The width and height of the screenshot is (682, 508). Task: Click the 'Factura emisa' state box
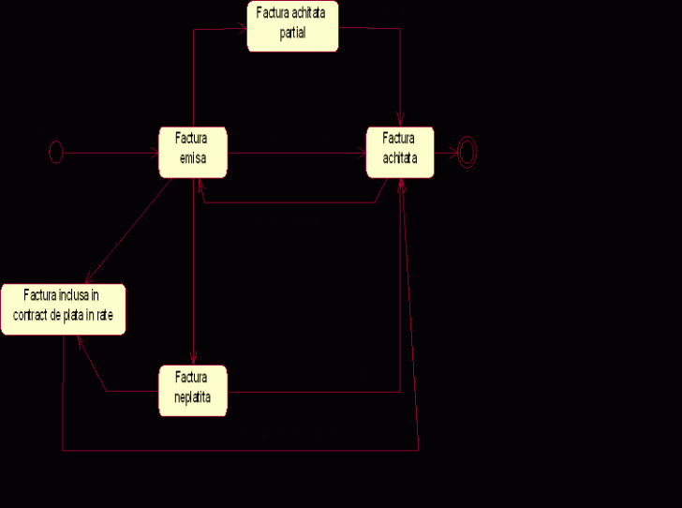(x=193, y=152)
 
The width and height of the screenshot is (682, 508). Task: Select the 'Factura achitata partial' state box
(x=292, y=26)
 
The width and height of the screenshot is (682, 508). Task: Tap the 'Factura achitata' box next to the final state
(x=400, y=152)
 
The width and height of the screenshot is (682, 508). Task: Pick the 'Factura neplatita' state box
(x=193, y=391)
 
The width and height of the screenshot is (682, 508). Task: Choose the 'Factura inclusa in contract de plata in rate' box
(x=63, y=307)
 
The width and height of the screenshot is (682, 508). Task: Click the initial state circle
(x=55, y=152)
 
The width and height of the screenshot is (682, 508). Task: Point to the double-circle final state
(x=466, y=152)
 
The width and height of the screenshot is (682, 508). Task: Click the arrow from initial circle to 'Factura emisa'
(x=108, y=152)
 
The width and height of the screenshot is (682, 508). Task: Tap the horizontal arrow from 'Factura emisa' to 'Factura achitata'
(x=295, y=152)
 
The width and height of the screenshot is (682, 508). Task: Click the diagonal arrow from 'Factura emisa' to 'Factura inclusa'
(x=126, y=230)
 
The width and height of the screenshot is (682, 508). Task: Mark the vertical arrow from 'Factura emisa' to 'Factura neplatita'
(x=193, y=272)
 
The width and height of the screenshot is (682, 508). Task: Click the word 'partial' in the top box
(x=292, y=35)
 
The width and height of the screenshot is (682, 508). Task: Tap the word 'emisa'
(x=194, y=159)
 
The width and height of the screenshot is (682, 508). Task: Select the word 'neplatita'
(x=193, y=398)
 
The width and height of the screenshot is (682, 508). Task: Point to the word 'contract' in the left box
(x=30, y=316)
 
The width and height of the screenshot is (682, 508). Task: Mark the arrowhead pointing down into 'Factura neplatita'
(x=193, y=358)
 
